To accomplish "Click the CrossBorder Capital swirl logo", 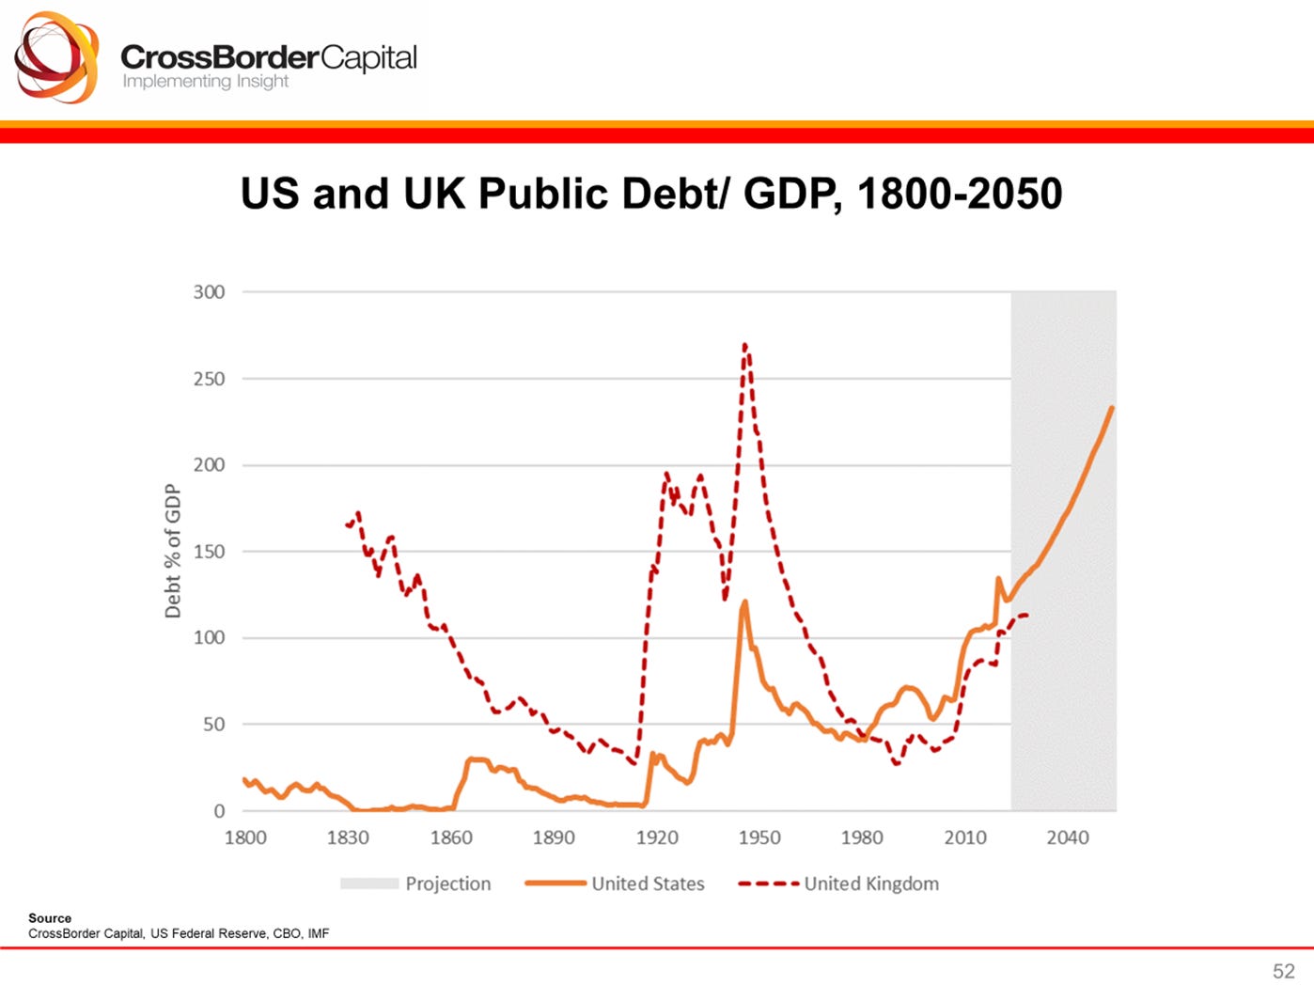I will [56, 57].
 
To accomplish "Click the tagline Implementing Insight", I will [205, 82].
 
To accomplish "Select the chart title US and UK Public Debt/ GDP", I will [650, 194].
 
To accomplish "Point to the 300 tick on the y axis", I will [209, 292].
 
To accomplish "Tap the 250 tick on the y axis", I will [209, 379].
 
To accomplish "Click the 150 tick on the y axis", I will [209, 552].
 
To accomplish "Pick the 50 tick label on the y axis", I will [212, 725].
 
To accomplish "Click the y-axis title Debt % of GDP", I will [172, 551].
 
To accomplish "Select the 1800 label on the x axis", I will [245, 837].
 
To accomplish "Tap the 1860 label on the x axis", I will [451, 837].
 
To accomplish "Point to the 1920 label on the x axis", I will [656, 837].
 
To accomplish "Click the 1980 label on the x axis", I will [862, 837].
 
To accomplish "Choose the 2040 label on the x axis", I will [1068, 837].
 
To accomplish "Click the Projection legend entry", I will [447, 883].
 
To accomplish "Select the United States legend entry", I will [647, 883].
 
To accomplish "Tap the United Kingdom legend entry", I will [870, 883].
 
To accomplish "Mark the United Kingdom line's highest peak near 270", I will [744, 345].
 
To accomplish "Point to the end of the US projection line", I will [1113, 407].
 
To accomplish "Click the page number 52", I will [1283, 971].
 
